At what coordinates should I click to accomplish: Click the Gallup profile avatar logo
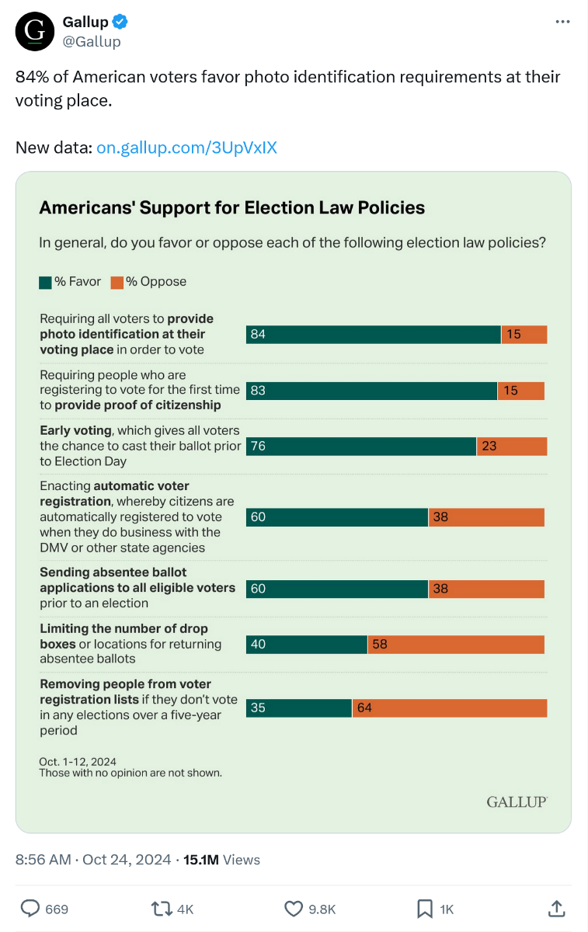(x=33, y=32)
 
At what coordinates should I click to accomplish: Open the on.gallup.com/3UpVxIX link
(x=186, y=148)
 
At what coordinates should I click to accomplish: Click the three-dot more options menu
(x=562, y=22)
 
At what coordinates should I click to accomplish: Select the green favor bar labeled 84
(x=373, y=334)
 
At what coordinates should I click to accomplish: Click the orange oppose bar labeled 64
(x=449, y=708)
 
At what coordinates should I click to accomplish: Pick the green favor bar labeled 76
(x=361, y=446)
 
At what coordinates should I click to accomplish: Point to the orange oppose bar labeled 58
(x=455, y=645)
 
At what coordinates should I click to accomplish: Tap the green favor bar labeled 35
(x=299, y=708)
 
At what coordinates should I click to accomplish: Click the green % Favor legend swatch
(x=46, y=282)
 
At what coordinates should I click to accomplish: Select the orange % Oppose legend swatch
(x=117, y=282)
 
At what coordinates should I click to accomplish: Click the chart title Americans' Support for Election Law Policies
(x=231, y=207)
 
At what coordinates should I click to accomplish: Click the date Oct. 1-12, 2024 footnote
(x=78, y=762)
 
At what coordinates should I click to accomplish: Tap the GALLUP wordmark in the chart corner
(x=517, y=802)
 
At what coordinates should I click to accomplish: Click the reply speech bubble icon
(x=30, y=908)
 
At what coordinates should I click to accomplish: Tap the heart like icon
(x=293, y=908)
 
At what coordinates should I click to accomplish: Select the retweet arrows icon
(x=162, y=908)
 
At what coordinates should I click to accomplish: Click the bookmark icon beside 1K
(x=425, y=908)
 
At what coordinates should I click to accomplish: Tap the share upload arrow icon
(x=556, y=908)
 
